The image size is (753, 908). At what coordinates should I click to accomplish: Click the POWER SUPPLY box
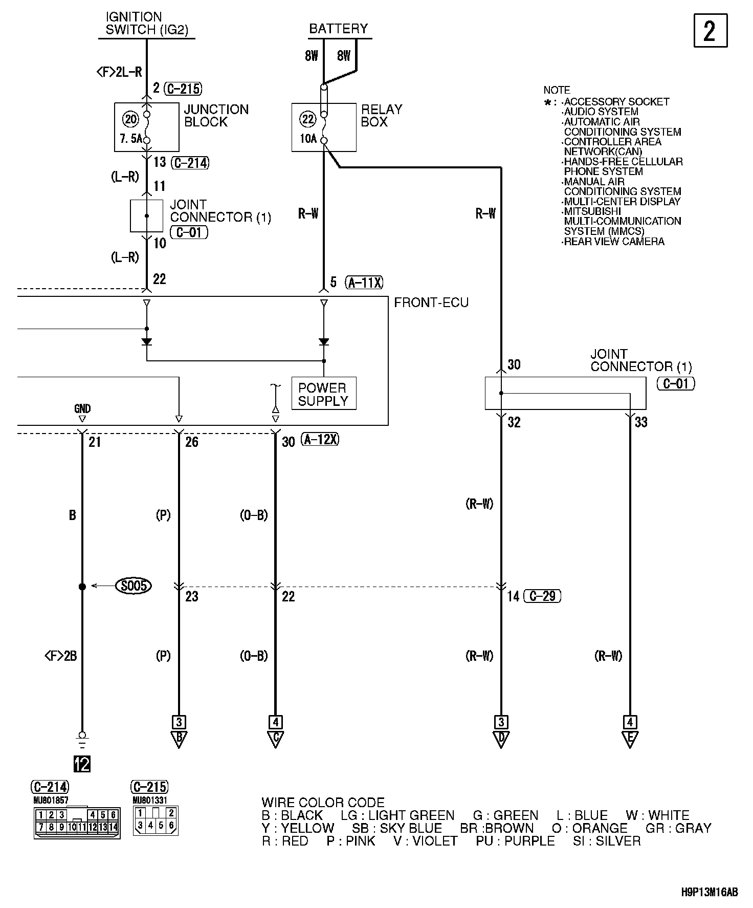[323, 394]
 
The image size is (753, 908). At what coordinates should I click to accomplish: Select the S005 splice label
[134, 586]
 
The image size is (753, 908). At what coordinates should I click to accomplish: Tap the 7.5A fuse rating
[130, 139]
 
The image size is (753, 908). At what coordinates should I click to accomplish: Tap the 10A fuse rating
[308, 138]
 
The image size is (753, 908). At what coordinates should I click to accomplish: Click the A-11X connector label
[364, 282]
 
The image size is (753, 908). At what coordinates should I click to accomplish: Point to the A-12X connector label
[320, 439]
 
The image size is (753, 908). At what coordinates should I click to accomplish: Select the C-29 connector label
[543, 596]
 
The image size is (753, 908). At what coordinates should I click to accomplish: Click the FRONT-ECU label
[431, 303]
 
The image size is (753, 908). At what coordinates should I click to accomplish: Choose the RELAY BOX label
[382, 116]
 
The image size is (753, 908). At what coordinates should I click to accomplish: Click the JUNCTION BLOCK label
[216, 116]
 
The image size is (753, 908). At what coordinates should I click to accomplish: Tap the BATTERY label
[338, 29]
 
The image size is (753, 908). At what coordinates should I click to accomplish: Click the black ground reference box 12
[82, 764]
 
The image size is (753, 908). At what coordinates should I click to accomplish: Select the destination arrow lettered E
[630, 739]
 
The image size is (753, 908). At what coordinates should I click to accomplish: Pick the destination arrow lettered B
[179, 739]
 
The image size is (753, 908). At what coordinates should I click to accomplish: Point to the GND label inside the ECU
[82, 408]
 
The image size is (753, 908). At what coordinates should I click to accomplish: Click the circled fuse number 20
[130, 120]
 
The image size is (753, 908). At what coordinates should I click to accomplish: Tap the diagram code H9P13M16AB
[709, 893]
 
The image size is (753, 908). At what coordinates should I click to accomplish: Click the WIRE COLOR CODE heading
[323, 803]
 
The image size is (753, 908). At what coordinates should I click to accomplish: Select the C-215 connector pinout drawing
[156, 820]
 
